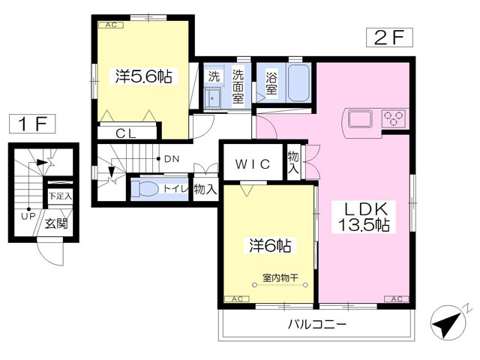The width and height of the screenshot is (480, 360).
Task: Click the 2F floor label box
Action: [x=389, y=37]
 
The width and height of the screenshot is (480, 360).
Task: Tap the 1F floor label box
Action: [x=32, y=124]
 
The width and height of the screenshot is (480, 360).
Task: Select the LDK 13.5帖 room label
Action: [x=364, y=217]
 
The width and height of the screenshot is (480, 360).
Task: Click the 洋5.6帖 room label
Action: [x=143, y=76]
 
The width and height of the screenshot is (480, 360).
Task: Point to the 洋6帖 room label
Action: [x=270, y=245]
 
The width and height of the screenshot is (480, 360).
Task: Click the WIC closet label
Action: [x=253, y=164]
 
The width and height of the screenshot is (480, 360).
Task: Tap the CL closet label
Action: [x=126, y=133]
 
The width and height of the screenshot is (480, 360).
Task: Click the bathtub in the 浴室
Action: [x=298, y=82]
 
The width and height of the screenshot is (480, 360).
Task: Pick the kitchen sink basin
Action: [x=360, y=118]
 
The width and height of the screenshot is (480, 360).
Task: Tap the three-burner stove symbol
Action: [x=394, y=118]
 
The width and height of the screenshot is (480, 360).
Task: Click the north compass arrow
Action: [x=448, y=323]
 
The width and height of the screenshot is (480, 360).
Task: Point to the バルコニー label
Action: [x=316, y=324]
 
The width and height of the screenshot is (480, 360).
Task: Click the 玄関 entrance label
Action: [x=56, y=223]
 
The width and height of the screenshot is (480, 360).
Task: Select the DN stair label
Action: [x=172, y=159]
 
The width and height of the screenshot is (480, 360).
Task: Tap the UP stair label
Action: [x=28, y=217]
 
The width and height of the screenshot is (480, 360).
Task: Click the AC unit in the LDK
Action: [x=397, y=299]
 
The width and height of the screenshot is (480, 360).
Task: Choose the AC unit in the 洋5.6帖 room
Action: [x=111, y=25]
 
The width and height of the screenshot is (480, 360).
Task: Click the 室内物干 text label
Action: [x=280, y=278]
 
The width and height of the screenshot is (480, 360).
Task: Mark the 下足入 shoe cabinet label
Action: [x=60, y=196]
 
